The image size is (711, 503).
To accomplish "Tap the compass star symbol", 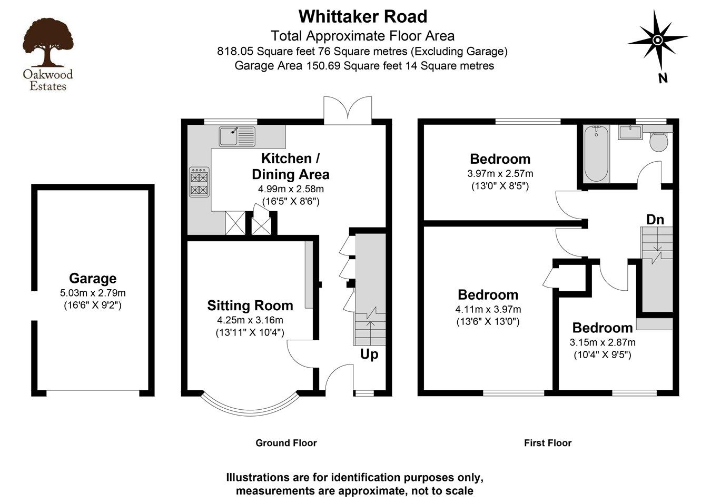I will [657, 40].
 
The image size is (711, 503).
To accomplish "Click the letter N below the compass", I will [663, 78].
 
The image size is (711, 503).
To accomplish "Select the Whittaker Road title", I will [363, 16].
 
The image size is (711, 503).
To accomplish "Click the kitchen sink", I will [236, 136].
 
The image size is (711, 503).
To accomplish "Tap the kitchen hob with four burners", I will [199, 182].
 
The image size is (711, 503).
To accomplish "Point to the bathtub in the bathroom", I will [596, 153].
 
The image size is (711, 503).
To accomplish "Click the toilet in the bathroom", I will [658, 141].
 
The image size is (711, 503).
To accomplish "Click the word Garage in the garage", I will [93, 279].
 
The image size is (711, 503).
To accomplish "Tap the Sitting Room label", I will [250, 305].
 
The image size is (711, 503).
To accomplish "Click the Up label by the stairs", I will [369, 354].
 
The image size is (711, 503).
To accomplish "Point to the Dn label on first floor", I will [655, 220].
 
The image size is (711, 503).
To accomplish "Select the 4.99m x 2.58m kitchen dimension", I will [290, 189].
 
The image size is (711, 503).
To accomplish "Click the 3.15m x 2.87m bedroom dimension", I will [602, 342].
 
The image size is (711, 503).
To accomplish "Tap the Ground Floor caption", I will [286, 443].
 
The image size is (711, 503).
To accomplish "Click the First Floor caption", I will [547, 443].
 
